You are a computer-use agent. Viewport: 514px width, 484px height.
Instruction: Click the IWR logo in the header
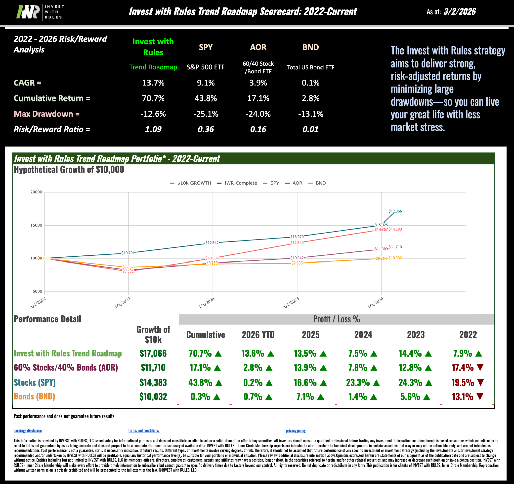click(40, 12)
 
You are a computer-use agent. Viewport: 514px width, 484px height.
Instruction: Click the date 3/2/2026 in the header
click(460, 12)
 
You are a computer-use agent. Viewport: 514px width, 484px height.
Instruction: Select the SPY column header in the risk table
click(206, 47)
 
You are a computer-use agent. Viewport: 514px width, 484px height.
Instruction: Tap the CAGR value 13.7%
click(153, 83)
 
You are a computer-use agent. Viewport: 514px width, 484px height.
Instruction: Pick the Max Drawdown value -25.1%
click(206, 114)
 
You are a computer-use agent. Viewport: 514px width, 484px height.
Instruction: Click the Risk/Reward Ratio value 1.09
click(153, 129)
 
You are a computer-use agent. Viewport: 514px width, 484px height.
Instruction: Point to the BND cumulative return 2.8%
click(310, 98)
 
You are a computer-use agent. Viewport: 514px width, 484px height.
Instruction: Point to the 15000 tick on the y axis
click(36, 225)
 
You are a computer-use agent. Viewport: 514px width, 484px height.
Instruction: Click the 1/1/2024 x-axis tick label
click(207, 303)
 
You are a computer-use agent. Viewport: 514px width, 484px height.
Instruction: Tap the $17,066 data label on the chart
click(395, 211)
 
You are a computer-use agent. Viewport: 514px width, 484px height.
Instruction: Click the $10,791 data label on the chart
click(128, 253)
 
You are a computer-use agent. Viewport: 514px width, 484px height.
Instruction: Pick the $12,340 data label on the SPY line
click(297, 243)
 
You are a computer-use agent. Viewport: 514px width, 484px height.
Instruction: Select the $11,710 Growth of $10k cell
click(153, 368)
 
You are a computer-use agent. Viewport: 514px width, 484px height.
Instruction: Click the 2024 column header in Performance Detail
click(363, 335)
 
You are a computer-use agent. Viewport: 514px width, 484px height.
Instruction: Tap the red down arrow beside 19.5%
click(480, 382)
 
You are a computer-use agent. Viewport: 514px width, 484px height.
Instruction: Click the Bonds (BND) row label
click(34, 397)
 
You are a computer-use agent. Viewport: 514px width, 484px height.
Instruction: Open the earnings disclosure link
click(28, 431)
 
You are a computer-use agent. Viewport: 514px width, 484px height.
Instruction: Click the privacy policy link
click(296, 431)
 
